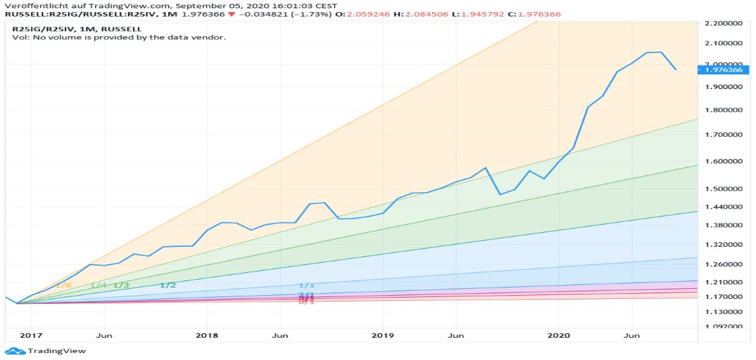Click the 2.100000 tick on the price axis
(x=723, y=43)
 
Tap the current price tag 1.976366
(x=723, y=69)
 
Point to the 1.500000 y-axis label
(x=723, y=189)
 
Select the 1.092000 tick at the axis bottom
(x=723, y=327)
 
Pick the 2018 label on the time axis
(x=207, y=335)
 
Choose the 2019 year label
(x=382, y=335)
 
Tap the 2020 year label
(x=559, y=335)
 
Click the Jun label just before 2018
(x=105, y=335)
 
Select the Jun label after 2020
(x=632, y=335)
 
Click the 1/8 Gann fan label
(x=64, y=286)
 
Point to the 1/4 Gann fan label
(x=99, y=286)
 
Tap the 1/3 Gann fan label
(x=121, y=286)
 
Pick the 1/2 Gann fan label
(x=168, y=286)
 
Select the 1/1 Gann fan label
(x=306, y=286)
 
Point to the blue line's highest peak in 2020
(x=661, y=52)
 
